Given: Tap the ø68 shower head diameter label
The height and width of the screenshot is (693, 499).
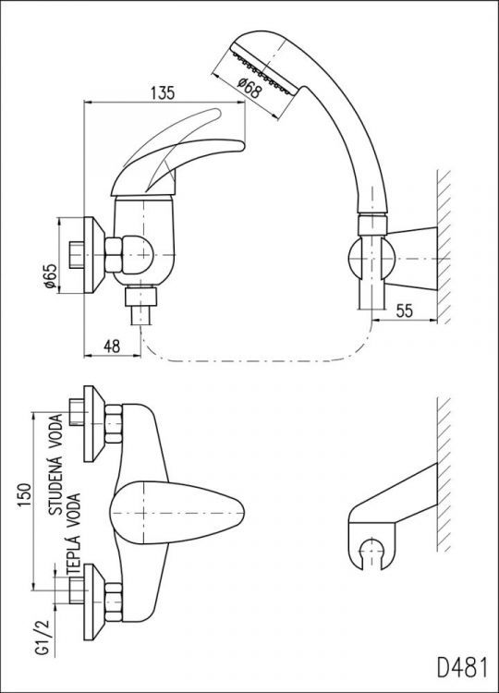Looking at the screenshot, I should tap(249, 88).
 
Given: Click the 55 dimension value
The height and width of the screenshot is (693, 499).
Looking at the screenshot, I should tap(405, 311).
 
